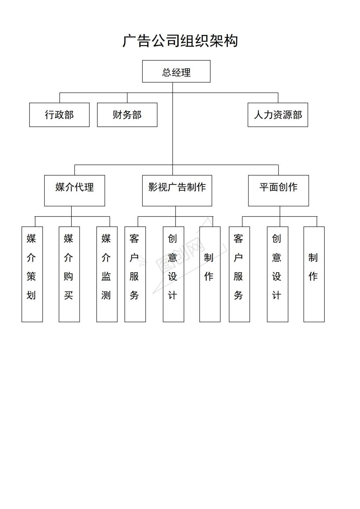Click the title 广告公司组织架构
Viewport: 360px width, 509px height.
[180, 41]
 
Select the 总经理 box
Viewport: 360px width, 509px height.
[176, 71]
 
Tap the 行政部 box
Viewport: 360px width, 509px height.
[59, 115]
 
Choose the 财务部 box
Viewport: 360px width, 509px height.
[127, 115]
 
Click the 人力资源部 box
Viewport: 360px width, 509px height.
[278, 115]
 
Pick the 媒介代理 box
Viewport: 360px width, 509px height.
[75, 191]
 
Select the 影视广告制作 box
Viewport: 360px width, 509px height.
[177, 191]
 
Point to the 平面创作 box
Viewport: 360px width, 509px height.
[278, 191]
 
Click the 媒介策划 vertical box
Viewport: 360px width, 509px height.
[32, 274]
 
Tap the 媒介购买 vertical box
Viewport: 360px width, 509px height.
[69, 274]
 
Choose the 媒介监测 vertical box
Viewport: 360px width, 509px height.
[107, 274]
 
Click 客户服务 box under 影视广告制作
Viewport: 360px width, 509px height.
[135, 274]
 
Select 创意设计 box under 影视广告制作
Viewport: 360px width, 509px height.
[174, 274]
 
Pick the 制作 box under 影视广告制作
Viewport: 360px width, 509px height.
[210, 274]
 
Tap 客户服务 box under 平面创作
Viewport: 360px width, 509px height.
[239, 274]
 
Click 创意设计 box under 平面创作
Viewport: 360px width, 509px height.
[277, 274]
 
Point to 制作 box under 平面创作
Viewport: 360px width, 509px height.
[314, 274]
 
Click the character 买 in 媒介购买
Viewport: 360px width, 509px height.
[69, 295]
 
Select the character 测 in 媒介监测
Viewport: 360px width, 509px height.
[106, 295]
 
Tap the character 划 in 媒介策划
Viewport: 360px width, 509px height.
[31, 295]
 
